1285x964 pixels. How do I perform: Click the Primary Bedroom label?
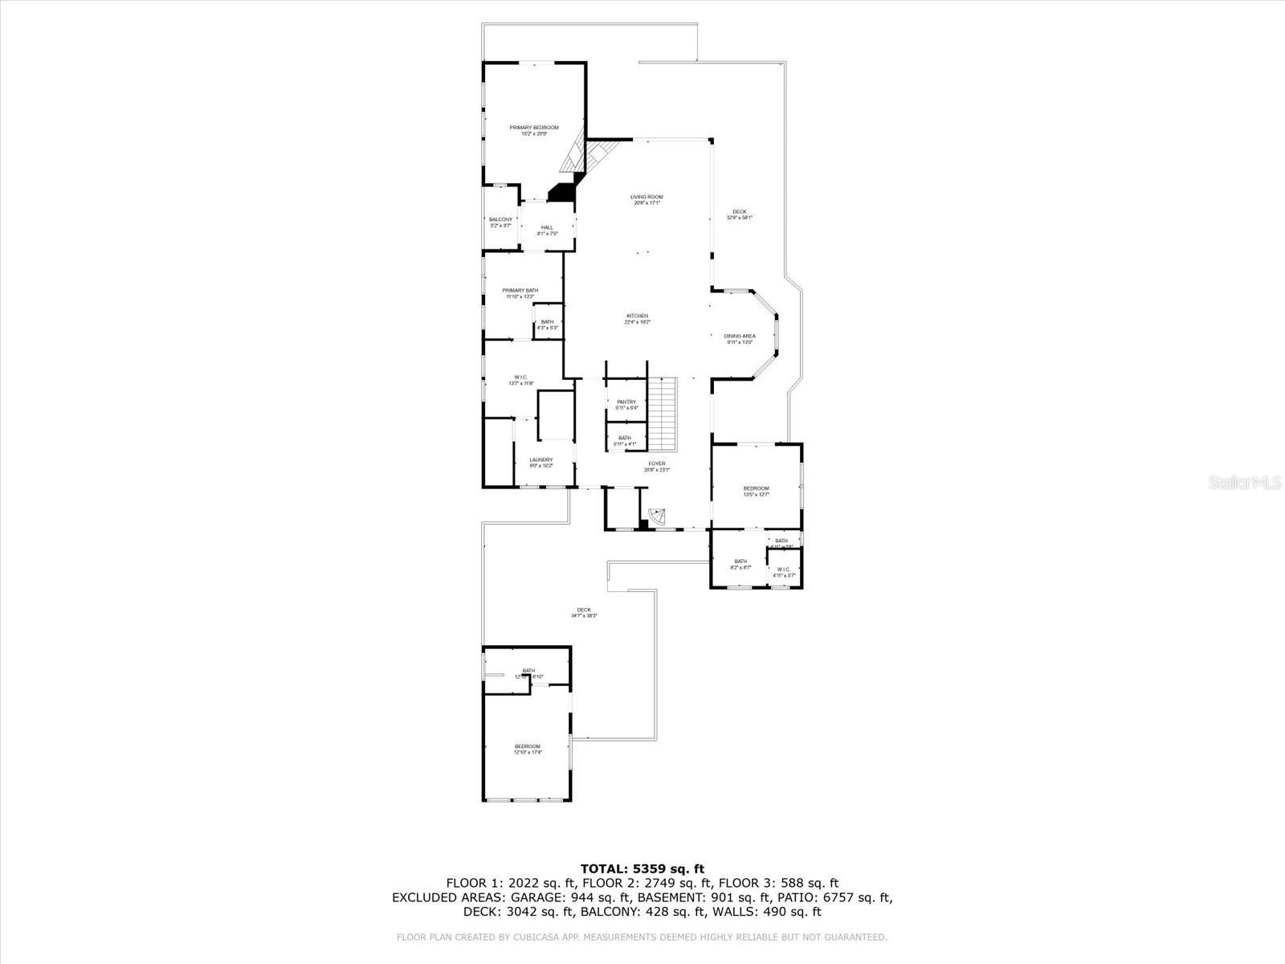click(534, 130)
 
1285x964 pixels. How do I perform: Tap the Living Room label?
click(647, 199)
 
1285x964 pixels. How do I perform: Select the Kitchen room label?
click(638, 318)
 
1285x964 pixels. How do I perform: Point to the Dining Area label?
click(740, 339)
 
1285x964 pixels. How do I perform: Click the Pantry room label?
click(626, 404)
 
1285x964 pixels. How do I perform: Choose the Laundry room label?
click(541, 463)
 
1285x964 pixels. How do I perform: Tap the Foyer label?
click(657, 466)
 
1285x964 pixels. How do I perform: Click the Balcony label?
click(500, 223)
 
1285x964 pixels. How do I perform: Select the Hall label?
click(547, 230)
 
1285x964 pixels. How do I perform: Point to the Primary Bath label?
click(520, 293)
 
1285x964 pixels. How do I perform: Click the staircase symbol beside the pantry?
click(663, 414)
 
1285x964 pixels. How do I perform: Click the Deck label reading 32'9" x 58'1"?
click(739, 214)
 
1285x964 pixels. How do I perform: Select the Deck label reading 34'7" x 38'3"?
click(584, 612)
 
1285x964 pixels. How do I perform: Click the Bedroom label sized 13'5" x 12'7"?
click(756, 491)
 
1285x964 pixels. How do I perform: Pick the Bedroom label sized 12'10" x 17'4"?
click(528, 749)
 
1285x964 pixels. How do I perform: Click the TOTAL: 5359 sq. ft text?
click(642, 868)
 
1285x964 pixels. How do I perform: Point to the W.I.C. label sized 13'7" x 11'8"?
click(520, 380)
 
